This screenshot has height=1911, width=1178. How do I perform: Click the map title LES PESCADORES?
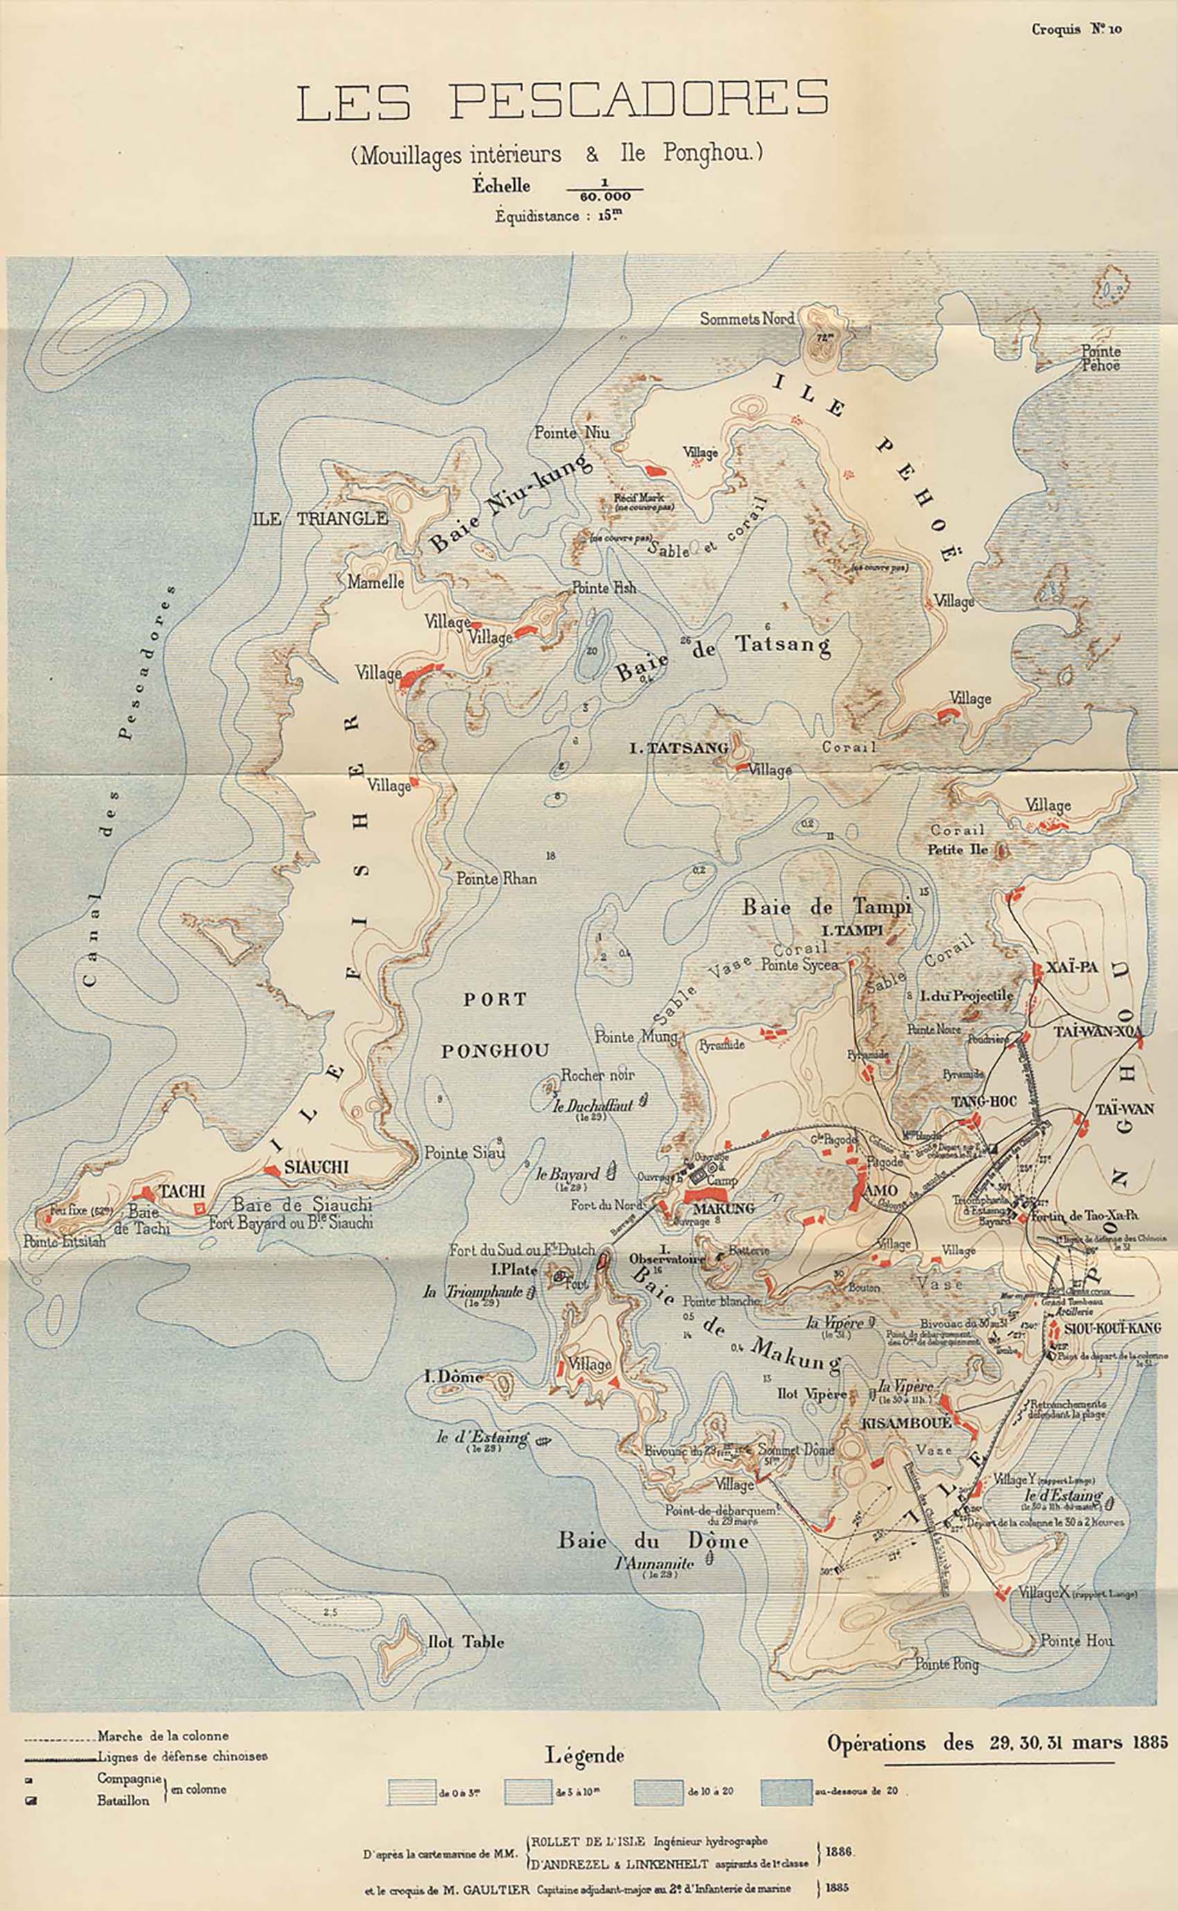pyautogui.click(x=562, y=102)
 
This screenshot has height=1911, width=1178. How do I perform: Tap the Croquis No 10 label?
pyautogui.click(x=1076, y=30)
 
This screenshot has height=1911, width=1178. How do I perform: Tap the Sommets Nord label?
pyautogui.click(x=746, y=319)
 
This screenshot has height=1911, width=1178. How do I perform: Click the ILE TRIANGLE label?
pyautogui.click(x=319, y=518)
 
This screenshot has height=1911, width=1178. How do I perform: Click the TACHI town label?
pyautogui.click(x=182, y=1192)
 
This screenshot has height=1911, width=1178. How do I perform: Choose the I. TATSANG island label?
pyautogui.click(x=678, y=747)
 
